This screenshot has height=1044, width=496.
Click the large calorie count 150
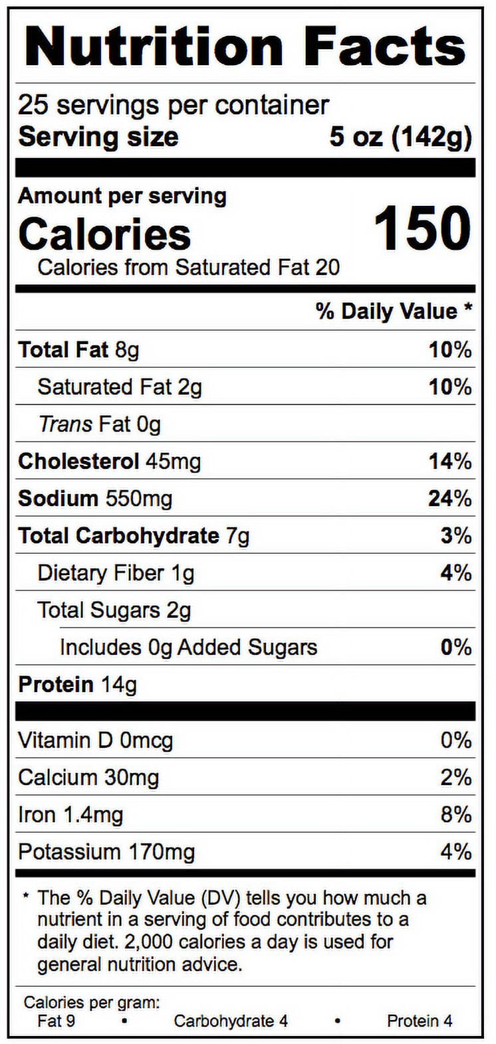click(x=423, y=229)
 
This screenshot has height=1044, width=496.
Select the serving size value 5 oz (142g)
click(x=401, y=138)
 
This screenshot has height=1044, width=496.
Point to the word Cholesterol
click(x=78, y=462)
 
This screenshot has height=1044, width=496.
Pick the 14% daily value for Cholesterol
click(x=450, y=462)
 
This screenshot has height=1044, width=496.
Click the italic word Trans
click(x=65, y=424)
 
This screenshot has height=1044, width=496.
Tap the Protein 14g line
click(x=77, y=685)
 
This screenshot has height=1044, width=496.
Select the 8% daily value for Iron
click(x=456, y=815)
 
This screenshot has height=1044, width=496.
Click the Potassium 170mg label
click(x=106, y=852)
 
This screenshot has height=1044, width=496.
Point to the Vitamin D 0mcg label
click(x=95, y=740)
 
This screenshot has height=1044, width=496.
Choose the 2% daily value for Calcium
click(x=456, y=778)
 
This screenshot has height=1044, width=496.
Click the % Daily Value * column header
click(x=394, y=311)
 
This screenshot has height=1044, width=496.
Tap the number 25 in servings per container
click(x=33, y=106)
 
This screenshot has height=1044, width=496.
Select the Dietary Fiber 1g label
click(x=116, y=573)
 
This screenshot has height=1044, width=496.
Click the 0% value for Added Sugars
click(x=456, y=648)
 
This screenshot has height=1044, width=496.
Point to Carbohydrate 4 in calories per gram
click(x=231, y=1021)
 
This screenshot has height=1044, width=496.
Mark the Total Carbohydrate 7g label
click(x=134, y=536)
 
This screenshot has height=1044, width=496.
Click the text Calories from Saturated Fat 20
click(x=189, y=268)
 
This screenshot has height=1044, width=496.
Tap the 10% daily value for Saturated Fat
click(x=450, y=387)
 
